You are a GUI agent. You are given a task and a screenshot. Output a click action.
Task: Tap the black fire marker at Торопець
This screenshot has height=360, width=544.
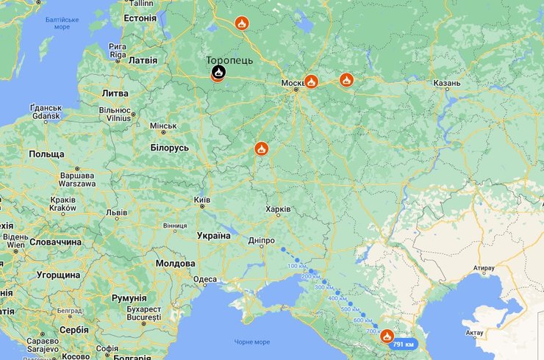pyautogui.click(x=218, y=72)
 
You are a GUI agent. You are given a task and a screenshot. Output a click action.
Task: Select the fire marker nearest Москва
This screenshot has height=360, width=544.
pyautogui.click(x=311, y=81)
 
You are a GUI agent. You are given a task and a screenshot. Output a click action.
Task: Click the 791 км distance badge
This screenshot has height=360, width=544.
pyautogui.click(x=404, y=344)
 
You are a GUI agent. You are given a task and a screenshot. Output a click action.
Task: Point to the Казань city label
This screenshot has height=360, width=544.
pyautogui.click(x=446, y=83)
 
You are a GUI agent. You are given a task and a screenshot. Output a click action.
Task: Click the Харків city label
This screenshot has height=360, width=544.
pyautogui.click(x=278, y=209)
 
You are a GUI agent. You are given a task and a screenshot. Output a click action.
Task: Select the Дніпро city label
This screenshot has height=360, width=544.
pyautogui.click(x=262, y=240)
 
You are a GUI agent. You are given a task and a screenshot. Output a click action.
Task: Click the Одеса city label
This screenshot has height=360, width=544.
pyautogui.click(x=204, y=279)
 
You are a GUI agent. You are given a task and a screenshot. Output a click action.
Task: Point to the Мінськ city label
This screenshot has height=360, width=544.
pyautogui.click(x=163, y=126)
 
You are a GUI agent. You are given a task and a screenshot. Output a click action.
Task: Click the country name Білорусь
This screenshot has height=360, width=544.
pyautogui.click(x=170, y=148)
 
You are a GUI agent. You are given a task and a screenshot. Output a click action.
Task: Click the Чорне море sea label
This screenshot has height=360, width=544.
pyautogui.click(x=252, y=342)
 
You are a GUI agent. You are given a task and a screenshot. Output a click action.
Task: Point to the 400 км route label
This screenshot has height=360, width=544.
pyautogui.click(x=337, y=298)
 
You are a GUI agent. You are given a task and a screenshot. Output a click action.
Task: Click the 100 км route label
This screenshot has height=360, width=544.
pyautogui.click(x=297, y=265)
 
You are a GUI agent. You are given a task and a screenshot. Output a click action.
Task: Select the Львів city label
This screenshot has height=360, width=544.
pyautogui.click(x=116, y=212)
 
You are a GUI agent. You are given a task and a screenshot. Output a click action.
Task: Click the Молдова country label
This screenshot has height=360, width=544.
pyautogui.click(x=176, y=263)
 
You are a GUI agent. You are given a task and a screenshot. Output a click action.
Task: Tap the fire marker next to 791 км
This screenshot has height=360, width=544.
pyautogui.click(x=387, y=336)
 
